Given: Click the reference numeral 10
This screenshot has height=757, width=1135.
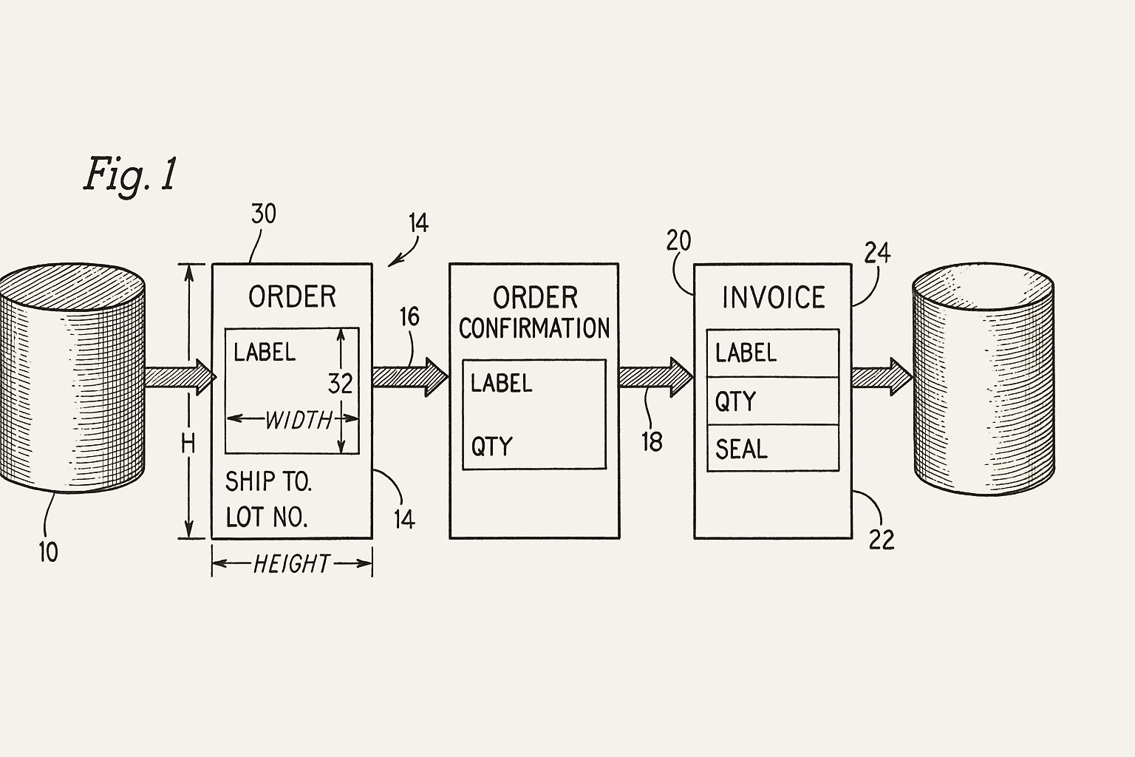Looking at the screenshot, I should point(48,551).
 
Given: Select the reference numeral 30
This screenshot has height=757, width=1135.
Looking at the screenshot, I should point(264,214).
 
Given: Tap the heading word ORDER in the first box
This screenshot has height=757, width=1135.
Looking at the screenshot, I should point(292,297).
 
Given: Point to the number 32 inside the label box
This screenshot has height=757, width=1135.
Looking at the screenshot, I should point(340,384).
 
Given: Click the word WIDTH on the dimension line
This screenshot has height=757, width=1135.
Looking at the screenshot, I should point(299,420).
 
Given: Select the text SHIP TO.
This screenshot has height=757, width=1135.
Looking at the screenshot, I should point(268,482).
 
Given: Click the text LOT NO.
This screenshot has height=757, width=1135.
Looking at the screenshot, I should point(266,517).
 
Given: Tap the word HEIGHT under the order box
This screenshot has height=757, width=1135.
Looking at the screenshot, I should point(291,565).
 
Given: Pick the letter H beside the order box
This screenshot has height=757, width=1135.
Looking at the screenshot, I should point(188,444).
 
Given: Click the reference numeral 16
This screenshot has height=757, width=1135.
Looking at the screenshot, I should point(409,317).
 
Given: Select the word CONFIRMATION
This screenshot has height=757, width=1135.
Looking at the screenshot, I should point(534,329).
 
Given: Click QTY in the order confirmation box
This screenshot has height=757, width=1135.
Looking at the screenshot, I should point(491,447).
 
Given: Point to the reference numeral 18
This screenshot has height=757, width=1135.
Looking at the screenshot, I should point(652,441).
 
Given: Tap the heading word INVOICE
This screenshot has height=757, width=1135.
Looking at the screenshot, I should point(773,298).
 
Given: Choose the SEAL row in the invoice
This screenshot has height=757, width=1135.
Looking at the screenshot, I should point(772,449).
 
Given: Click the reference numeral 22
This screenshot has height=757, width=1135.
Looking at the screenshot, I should point(882,540).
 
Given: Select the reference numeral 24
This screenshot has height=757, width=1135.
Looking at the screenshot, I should point(877,254).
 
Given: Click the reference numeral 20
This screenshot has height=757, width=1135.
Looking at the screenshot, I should point(678,241).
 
